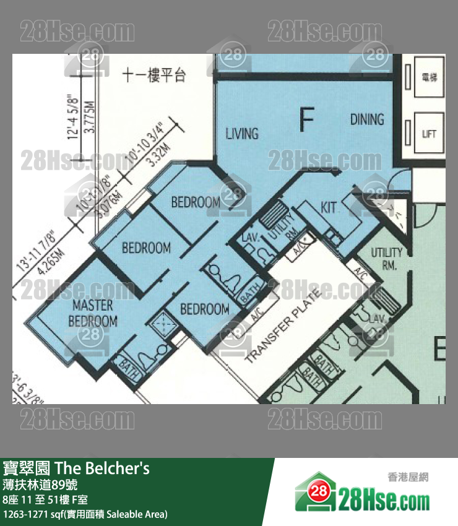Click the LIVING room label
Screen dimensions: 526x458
(241, 133)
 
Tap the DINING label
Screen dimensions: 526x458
(366, 119)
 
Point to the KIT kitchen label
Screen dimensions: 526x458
(329, 207)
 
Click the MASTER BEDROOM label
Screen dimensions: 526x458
(93, 313)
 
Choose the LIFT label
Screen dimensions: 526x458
(429, 134)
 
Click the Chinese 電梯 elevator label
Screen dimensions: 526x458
(429, 77)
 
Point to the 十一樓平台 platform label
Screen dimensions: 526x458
(154, 76)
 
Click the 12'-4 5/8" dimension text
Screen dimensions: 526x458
(74, 114)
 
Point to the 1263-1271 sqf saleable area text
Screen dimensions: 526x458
(85, 514)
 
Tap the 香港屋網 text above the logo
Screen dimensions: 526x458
(408, 476)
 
